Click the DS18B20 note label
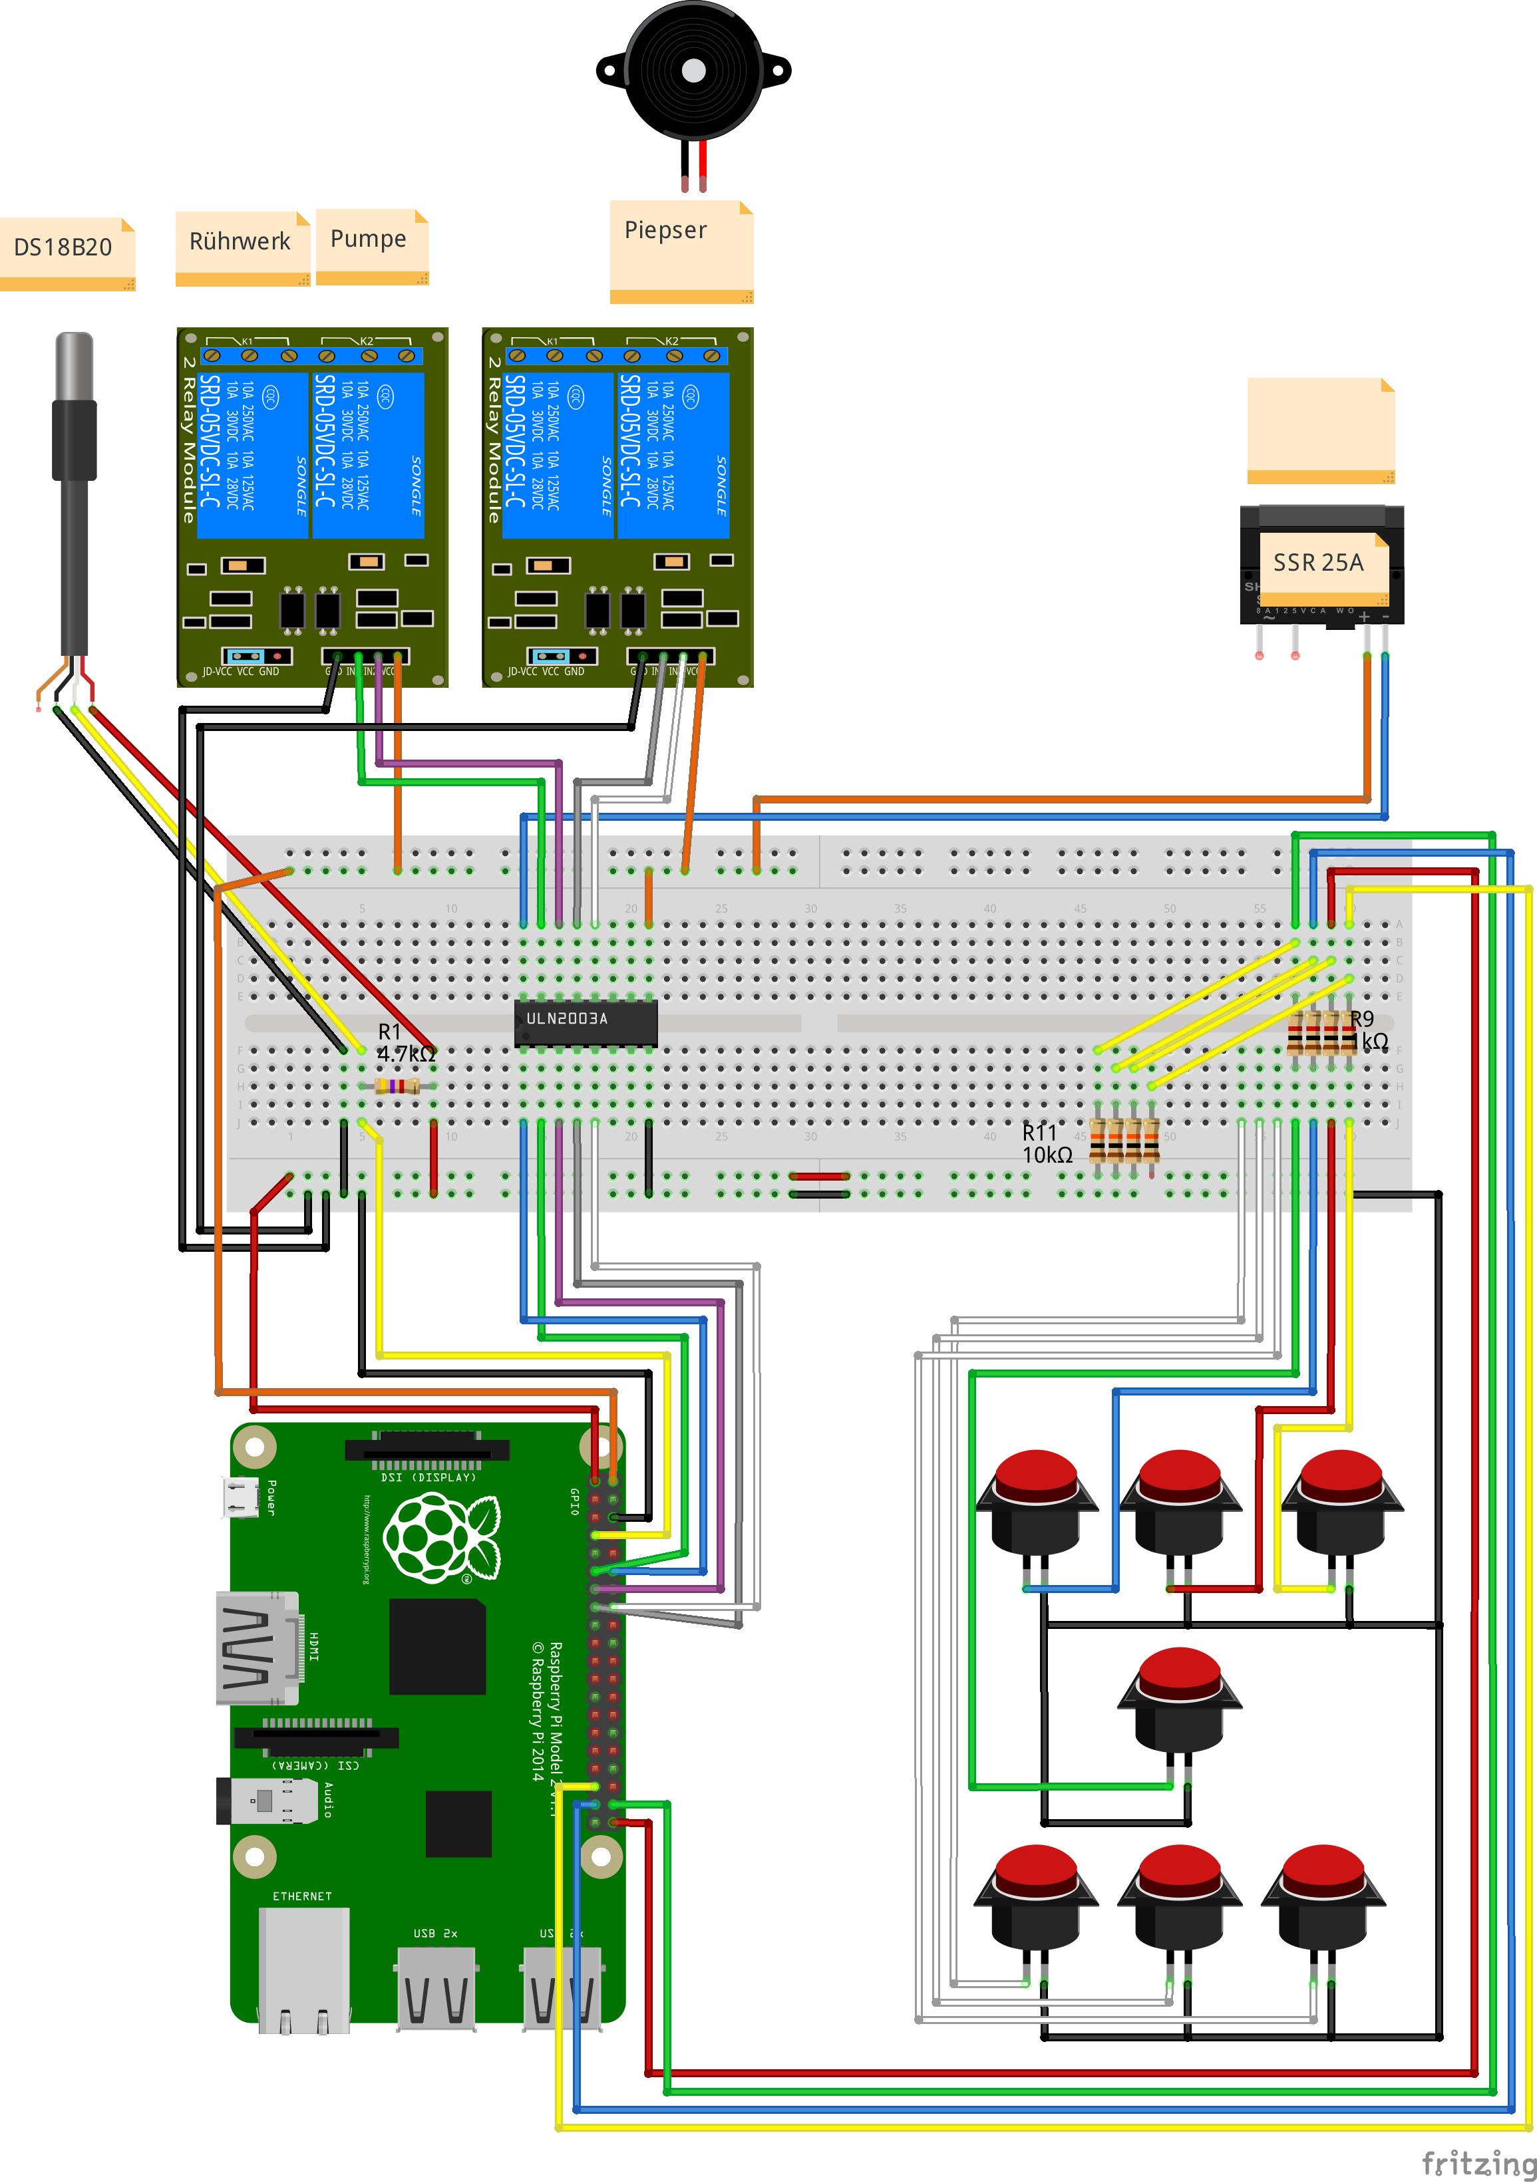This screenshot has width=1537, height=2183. [63, 247]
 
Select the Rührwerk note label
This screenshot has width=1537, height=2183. [240, 241]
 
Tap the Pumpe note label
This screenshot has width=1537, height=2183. [368, 239]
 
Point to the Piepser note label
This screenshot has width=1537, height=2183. [666, 230]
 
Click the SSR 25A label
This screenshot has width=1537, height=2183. [1318, 563]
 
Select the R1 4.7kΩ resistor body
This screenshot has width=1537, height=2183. [397, 1086]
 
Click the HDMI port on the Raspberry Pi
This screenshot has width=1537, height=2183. [259, 1648]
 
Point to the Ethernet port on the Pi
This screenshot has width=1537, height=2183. [303, 1968]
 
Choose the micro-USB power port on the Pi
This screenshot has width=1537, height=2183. [241, 1497]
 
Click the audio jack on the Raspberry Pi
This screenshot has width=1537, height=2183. [268, 1800]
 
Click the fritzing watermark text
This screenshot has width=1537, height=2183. [1477, 2162]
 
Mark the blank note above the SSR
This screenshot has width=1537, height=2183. [1320, 430]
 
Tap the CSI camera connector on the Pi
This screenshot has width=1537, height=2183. [316, 1737]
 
